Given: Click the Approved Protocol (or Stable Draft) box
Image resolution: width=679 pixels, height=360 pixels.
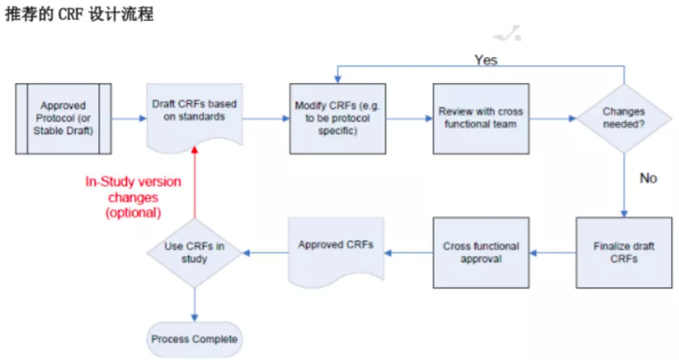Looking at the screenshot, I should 63,118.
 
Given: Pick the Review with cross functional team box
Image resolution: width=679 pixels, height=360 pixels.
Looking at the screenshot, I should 481,118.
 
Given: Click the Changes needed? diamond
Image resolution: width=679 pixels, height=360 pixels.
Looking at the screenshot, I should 624,118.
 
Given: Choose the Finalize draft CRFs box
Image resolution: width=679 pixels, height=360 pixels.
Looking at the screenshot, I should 624,253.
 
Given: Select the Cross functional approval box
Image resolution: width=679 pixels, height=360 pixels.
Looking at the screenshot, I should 481,253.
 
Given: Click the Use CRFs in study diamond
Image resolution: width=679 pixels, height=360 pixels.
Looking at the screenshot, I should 194,253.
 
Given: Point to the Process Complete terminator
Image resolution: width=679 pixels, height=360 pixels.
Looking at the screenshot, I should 194,339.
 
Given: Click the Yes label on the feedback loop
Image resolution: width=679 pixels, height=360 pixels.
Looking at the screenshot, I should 486,60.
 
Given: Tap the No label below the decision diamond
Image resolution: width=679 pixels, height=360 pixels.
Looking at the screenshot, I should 648,178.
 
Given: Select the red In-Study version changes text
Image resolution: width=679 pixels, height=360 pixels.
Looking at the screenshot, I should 133,197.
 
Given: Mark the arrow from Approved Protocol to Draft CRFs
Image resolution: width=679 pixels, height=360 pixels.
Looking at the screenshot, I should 129,119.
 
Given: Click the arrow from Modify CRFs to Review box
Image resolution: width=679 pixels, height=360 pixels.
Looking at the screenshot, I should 408,119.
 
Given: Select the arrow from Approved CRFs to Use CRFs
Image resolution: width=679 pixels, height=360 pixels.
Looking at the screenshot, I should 264,253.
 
